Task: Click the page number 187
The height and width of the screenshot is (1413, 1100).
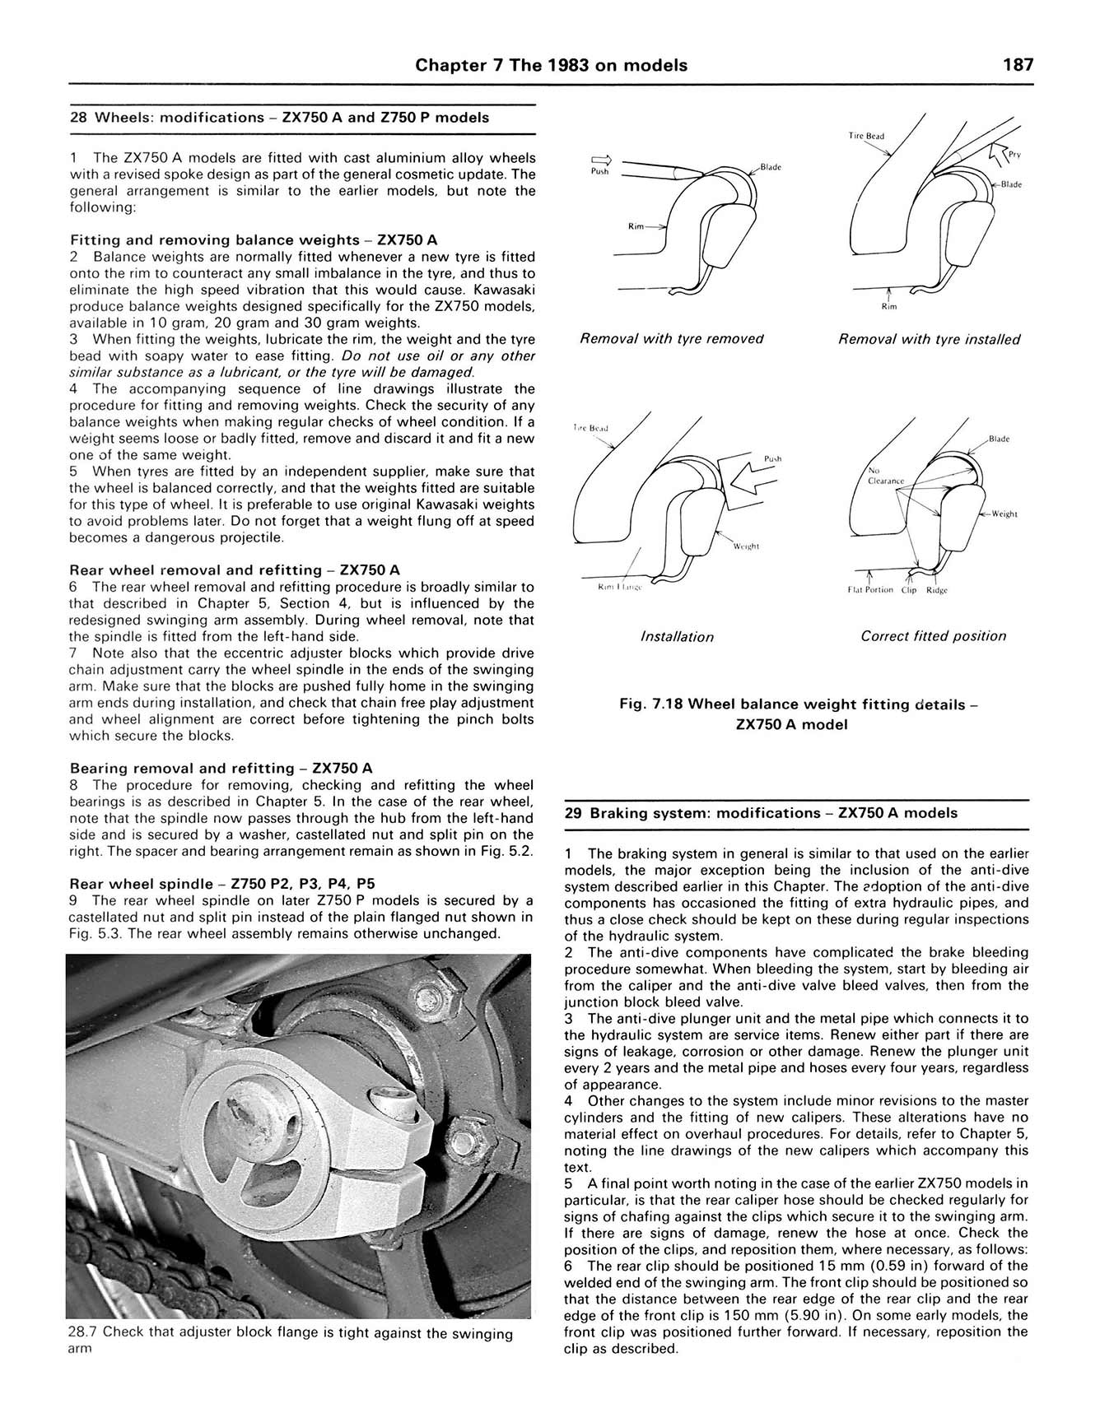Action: pyautogui.click(x=1018, y=65)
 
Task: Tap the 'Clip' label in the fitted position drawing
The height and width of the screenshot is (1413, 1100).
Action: pyautogui.click(x=908, y=590)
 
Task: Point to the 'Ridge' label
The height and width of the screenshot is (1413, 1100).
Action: pyautogui.click(x=937, y=590)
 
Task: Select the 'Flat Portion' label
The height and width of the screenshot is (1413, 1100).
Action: pyautogui.click(x=870, y=590)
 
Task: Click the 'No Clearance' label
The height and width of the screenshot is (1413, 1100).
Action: pyautogui.click(x=885, y=476)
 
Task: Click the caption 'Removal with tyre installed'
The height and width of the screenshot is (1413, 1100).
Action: pyautogui.click(x=929, y=339)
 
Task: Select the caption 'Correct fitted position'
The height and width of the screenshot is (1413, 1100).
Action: pyautogui.click(x=933, y=636)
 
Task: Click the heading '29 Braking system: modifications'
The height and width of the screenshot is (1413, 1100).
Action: pyautogui.click(x=762, y=813)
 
